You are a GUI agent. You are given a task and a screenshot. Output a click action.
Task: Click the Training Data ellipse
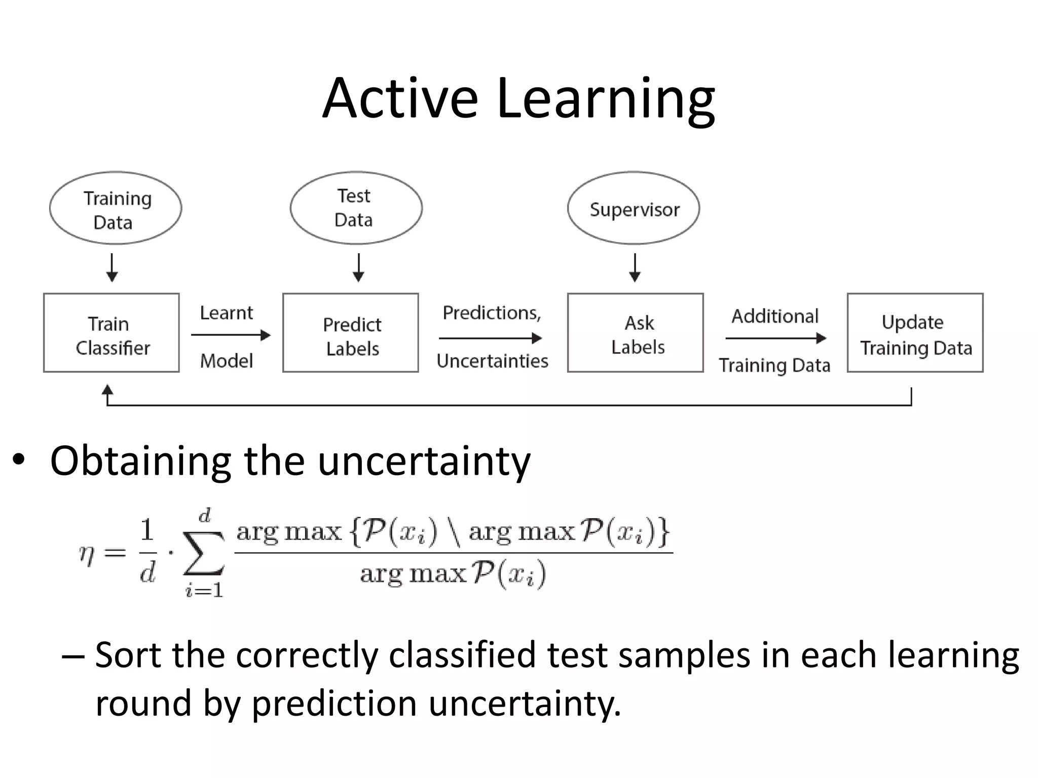click(116, 208)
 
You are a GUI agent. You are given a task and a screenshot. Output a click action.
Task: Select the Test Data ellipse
click(356, 208)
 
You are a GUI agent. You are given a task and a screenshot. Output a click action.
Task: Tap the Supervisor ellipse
click(634, 208)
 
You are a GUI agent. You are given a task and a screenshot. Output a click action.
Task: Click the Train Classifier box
click(112, 333)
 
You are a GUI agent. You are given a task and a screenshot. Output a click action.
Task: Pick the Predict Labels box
click(351, 333)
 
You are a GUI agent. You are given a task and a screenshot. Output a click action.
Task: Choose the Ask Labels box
click(636, 333)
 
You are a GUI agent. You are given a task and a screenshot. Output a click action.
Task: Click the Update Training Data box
click(915, 333)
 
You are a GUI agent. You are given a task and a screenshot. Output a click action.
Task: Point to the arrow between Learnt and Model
click(231, 335)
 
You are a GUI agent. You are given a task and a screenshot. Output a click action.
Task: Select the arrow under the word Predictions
click(491, 338)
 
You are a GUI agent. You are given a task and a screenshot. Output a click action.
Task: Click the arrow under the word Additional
click(776, 338)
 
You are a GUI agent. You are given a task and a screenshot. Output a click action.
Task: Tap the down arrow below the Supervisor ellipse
click(635, 268)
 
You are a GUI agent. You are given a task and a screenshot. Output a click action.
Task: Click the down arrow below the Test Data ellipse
click(358, 268)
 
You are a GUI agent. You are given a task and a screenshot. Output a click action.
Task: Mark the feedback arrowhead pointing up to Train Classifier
click(107, 391)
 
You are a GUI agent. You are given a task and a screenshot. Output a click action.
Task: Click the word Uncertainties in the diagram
click(493, 361)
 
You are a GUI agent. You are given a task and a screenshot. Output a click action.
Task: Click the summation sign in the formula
click(204, 553)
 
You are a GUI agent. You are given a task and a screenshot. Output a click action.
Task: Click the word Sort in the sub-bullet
click(128, 655)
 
